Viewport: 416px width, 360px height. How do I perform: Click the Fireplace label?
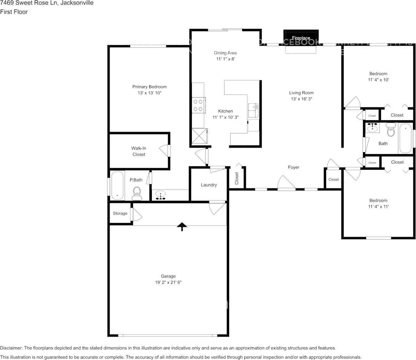click(301, 38)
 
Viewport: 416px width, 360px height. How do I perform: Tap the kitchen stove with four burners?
click(198, 105)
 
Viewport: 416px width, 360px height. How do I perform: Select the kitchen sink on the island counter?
click(253, 110)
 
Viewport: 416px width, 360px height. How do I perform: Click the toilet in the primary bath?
click(137, 193)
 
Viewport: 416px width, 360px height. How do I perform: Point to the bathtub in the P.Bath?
click(117, 185)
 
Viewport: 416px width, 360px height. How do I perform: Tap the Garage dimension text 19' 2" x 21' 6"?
click(168, 282)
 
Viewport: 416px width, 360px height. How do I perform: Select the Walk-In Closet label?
click(139, 151)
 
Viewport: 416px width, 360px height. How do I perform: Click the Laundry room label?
click(209, 185)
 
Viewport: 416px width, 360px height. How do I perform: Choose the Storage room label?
click(120, 213)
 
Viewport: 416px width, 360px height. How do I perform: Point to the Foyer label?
click(293, 167)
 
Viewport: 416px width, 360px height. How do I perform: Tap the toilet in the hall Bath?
click(391, 130)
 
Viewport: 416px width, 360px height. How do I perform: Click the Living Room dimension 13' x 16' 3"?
click(301, 99)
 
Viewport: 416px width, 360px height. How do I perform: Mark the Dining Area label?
click(225, 53)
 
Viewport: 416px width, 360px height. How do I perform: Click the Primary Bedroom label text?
click(149, 87)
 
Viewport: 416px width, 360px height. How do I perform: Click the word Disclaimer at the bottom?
click(11, 348)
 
